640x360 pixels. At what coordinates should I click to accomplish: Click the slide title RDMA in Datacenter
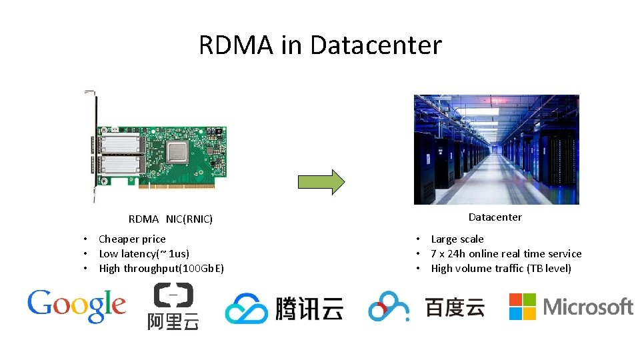click(320, 45)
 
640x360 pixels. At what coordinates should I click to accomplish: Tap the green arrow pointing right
click(321, 181)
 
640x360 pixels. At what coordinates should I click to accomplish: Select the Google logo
click(76, 306)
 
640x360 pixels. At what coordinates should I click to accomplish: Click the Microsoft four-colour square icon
click(523, 307)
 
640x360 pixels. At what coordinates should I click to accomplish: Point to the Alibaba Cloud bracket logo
click(173, 295)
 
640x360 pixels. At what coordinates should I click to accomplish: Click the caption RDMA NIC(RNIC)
click(171, 219)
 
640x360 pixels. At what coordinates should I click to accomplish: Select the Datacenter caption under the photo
click(495, 217)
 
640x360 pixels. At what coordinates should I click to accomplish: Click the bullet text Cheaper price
click(132, 239)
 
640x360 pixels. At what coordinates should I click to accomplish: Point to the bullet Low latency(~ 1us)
click(144, 253)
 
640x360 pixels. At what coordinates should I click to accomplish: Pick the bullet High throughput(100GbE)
click(161, 268)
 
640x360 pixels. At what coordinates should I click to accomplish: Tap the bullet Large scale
click(457, 239)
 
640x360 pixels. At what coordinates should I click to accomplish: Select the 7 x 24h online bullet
click(506, 253)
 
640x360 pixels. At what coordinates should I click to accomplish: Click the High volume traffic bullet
click(501, 268)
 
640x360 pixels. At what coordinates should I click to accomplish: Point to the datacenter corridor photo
click(496, 149)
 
